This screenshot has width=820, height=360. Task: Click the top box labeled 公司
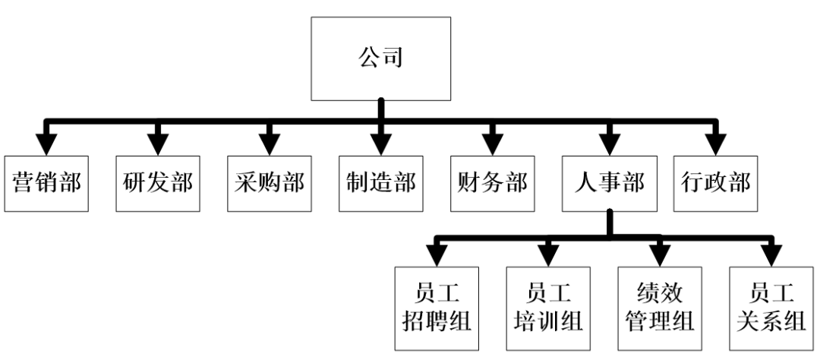(381, 59)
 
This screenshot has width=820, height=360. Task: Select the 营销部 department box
(47, 183)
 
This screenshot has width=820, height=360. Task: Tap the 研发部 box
(158, 183)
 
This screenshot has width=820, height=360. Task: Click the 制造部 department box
(381, 183)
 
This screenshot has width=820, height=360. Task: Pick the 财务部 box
(493, 183)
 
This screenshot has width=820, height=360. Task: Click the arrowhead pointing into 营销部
(47, 144)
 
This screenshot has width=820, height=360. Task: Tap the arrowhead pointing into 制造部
(381, 144)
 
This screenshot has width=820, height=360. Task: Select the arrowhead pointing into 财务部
(493, 144)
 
